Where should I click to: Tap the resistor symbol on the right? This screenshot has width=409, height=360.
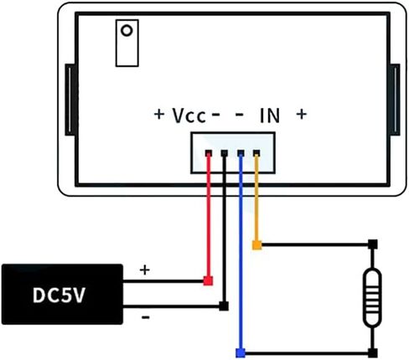(372, 297)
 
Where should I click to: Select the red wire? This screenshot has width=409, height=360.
(209, 226)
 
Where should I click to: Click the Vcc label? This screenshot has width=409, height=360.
(189, 115)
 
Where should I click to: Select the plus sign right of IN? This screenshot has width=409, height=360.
(302, 115)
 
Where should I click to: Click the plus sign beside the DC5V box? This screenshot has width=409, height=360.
(144, 270)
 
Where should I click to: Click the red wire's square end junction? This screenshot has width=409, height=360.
(209, 280)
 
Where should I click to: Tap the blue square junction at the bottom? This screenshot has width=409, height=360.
(241, 352)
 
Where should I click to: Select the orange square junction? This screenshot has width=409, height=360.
(256, 245)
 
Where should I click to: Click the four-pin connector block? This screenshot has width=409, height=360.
(232, 152)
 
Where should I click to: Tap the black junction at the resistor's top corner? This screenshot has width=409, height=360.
(372, 245)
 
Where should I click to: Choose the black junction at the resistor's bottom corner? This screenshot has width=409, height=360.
(372, 352)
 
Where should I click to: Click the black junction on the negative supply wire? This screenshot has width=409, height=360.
(224, 306)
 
